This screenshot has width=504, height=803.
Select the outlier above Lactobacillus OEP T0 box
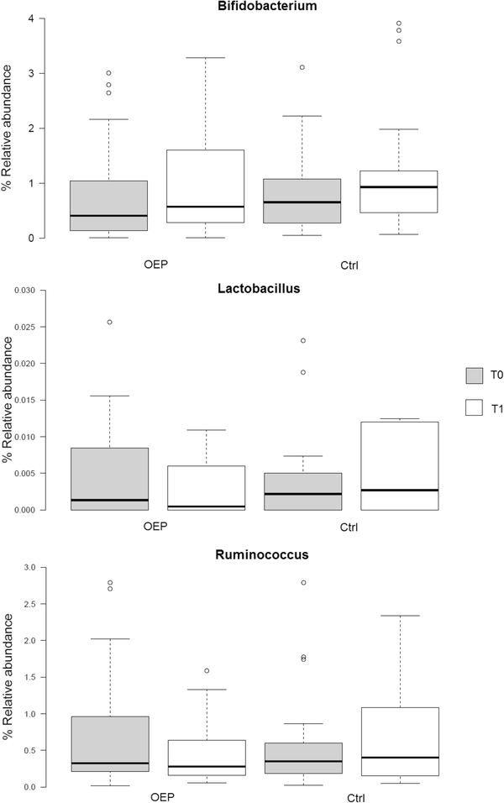point(108,322)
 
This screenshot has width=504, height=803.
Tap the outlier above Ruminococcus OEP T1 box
point(206,670)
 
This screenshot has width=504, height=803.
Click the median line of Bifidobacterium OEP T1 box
point(205,207)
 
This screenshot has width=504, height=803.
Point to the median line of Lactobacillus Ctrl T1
point(399,490)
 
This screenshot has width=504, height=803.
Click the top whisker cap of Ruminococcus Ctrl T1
point(399,616)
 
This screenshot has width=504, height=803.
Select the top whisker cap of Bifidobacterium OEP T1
point(205,58)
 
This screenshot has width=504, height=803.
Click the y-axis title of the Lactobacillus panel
point(8,399)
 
